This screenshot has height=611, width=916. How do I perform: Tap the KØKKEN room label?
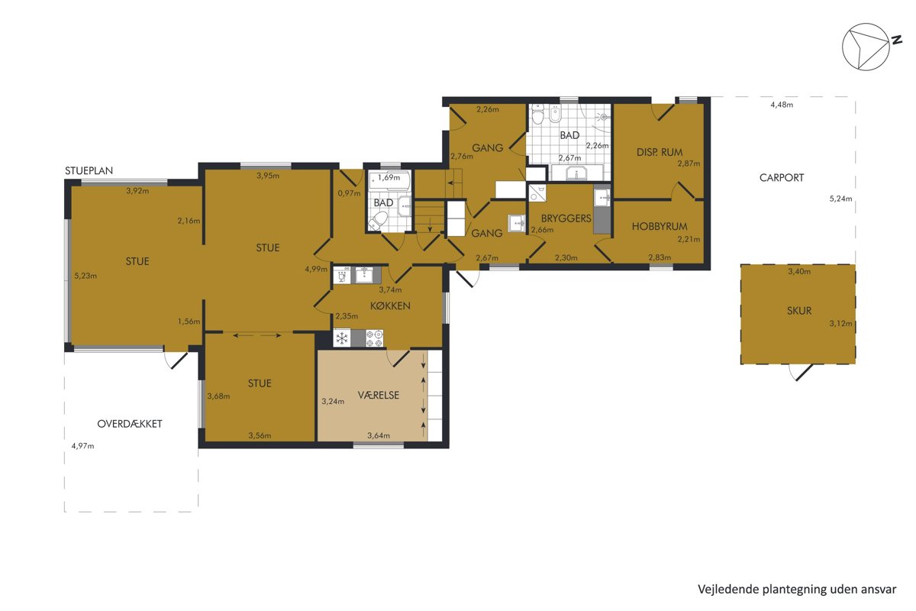click(x=390, y=305)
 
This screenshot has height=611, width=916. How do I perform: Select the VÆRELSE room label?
click(x=379, y=395)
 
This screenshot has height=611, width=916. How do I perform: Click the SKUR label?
click(x=799, y=311)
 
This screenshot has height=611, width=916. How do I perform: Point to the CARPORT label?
click(x=782, y=178)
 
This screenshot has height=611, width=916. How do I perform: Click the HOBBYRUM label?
click(x=660, y=226)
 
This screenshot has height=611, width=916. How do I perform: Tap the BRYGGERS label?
click(x=566, y=218)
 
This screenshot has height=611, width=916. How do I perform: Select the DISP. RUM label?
click(x=660, y=152)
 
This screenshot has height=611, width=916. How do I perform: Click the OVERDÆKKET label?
click(x=130, y=424)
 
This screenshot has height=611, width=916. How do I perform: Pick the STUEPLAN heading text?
click(x=89, y=170)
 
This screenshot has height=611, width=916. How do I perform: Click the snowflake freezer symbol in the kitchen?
click(x=342, y=338)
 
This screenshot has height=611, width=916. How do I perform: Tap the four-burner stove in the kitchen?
click(x=375, y=338)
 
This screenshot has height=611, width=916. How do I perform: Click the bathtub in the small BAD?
click(x=390, y=179)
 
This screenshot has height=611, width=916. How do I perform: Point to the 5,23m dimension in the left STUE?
click(x=85, y=276)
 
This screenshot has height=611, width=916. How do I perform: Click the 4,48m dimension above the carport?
click(x=782, y=105)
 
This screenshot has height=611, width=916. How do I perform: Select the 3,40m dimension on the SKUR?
click(x=799, y=271)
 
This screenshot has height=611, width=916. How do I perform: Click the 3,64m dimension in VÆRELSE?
click(x=379, y=435)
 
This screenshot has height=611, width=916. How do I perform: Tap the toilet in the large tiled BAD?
click(x=537, y=114)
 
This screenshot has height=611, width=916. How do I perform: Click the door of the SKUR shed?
click(x=801, y=373)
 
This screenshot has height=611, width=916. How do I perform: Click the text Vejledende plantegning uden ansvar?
click(x=797, y=590)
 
